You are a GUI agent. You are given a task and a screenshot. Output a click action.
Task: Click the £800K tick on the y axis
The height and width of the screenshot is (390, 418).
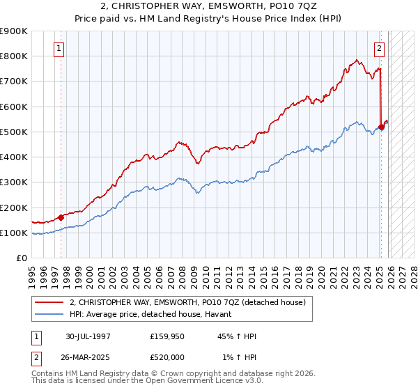tap(14, 56)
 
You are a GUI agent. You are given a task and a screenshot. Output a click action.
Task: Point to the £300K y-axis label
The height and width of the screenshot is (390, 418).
tap(14, 182)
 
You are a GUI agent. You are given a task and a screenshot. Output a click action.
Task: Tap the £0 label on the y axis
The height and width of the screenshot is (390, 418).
tap(21, 258)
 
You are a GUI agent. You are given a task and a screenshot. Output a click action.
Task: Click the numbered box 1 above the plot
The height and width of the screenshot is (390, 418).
tap(59, 49)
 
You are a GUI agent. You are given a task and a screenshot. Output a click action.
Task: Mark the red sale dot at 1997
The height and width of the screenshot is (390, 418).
tap(61, 217)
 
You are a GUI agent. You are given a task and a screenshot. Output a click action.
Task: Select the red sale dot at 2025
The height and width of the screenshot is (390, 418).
tap(381, 127)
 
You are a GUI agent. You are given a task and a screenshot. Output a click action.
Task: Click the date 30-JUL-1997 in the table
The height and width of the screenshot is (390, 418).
tap(88, 336)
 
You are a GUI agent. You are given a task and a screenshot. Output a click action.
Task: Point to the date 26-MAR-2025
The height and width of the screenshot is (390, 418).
tap(88, 357)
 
